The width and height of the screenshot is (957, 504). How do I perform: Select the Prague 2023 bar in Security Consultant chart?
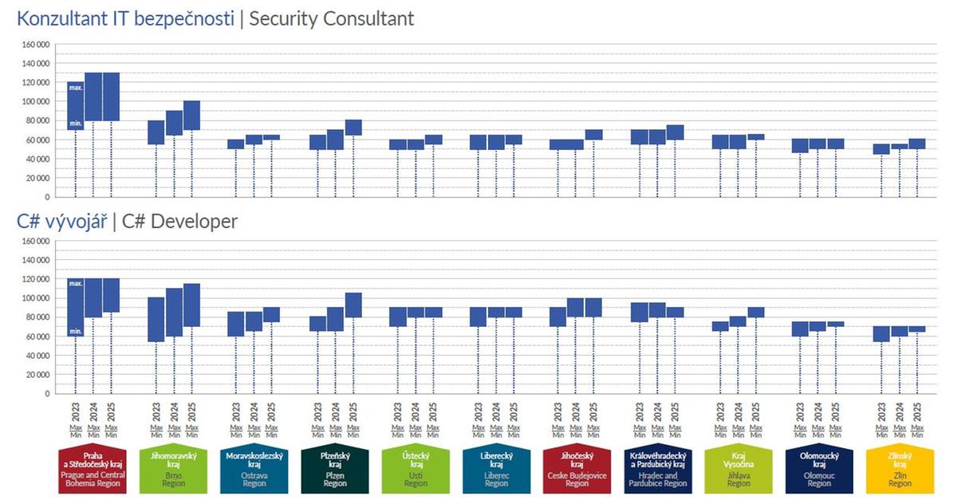click(x=76, y=105)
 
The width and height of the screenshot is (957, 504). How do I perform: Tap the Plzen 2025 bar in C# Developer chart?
click(x=353, y=305)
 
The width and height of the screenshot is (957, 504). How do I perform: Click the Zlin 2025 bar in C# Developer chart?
click(x=917, y=329)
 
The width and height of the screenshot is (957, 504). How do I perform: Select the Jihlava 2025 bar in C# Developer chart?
click(x=755, y=312)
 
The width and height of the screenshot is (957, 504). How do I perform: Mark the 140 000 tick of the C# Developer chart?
click(x=36, y=260)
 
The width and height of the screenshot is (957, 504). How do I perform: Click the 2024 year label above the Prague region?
click(x=93, y=411)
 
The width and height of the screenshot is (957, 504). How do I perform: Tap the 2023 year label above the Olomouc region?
click(x=801, y=411)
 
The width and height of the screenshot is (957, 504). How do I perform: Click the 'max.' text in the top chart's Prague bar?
click(x=76, y=87)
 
